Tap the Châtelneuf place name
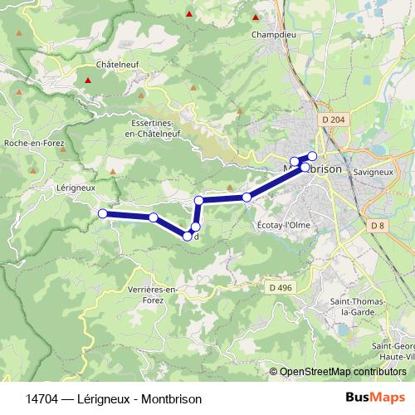tap(115, 63)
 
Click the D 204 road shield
tap(330, 120)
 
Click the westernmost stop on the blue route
tap(103, 214)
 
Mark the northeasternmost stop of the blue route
tap(312, 156)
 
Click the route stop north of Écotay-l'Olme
tap(247, 197)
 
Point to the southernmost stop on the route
tap(188, 237)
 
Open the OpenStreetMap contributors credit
tap(342, 371)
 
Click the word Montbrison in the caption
tap(170, 398)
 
